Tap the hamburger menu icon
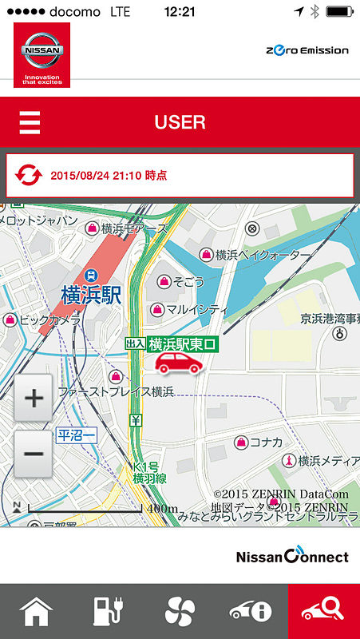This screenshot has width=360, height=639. click(30, 123)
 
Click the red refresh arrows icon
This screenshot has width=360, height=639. click(29, 174)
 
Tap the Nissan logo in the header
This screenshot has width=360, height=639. click(42, 54)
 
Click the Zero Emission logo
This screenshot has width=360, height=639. click(307, 50)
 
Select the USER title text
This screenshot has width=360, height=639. click(180, 122)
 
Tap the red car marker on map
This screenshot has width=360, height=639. click(178, 364)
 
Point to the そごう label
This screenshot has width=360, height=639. click(188, 281)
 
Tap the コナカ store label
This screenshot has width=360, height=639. click(266, 442)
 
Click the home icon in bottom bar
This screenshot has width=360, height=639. click(36, 612)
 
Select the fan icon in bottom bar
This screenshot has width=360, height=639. click(180, 612)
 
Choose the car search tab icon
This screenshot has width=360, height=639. click(323, 612)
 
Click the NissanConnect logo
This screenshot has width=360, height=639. click(292, 555)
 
